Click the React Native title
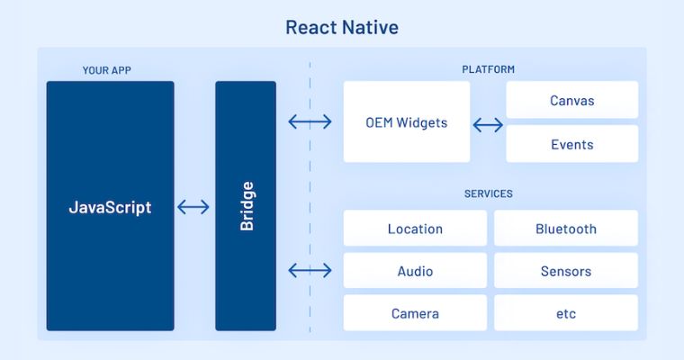pos(342,27)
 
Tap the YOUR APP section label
pos(107,70)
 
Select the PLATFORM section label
pos(488,69)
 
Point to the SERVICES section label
pos(488,193)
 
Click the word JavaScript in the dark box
pos(110,207)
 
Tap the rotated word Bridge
pos(247,206)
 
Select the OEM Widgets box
pos(407,121)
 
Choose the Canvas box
pos(571,100)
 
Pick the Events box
pos(571,144)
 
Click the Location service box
pos(415,229)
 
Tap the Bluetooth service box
pos(566,229)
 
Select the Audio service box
pos(415,271)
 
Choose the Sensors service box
pos(566,271)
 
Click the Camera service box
pos(415,313)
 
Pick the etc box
pos(566,313)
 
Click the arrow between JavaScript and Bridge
pos(193,207)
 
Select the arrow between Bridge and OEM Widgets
pos(310,121)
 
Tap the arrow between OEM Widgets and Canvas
pos(488,125)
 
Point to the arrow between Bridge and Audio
pos(310,271)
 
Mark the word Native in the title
pos(371,27)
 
